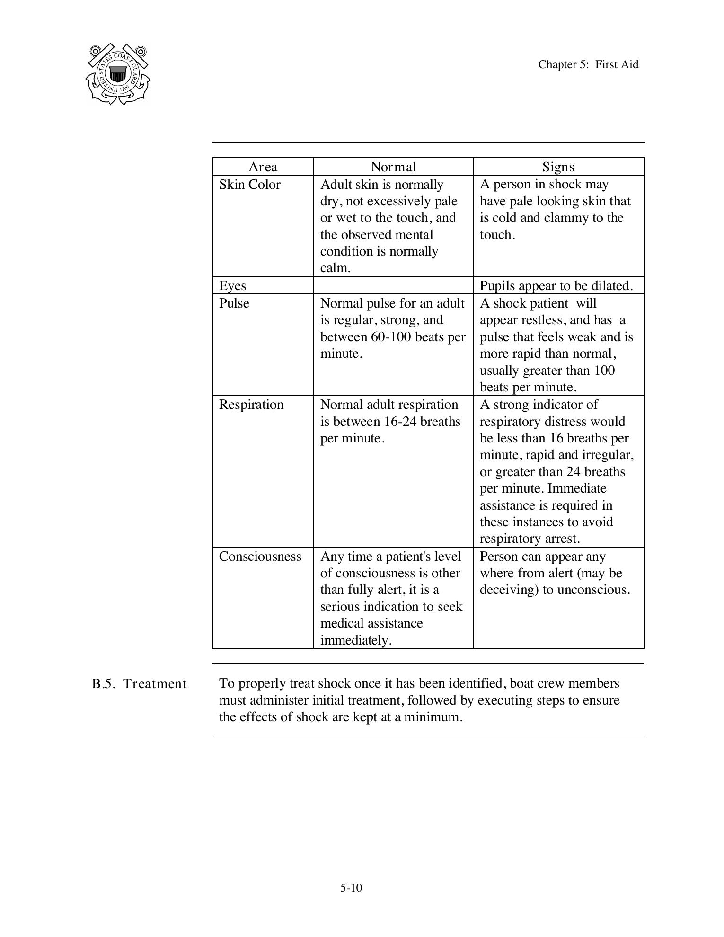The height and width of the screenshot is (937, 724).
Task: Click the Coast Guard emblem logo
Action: click(118, 74)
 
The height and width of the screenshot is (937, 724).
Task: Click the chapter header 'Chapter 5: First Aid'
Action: click(588, 64)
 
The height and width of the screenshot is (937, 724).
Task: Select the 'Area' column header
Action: click(263, 167)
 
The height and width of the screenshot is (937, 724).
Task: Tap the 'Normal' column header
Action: click(393, 167)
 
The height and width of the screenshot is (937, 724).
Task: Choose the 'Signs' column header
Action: click(558, 167)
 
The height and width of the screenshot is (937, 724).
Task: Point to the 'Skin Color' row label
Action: click(249, 184)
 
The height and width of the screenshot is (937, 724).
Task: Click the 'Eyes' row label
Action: click(232, 285)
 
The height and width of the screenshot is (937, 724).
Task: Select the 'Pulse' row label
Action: click(234, 303)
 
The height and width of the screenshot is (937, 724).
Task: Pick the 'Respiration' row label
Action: click(251, 404)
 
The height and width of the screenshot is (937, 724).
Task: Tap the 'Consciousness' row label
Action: click(260, 556)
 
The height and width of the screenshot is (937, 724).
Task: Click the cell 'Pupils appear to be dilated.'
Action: click(556, 285)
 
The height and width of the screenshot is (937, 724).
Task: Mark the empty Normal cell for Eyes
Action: click(393, 285)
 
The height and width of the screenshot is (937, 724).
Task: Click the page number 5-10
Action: click(351, 888)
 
